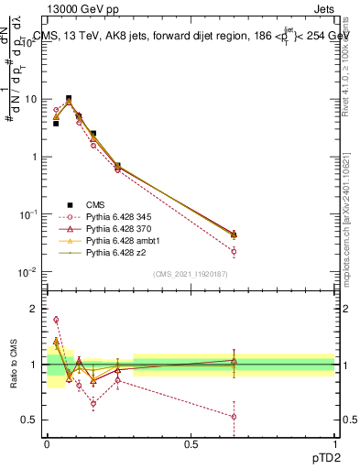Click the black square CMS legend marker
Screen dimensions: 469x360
pos(69,204)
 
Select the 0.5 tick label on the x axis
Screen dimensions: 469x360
pos(191,443)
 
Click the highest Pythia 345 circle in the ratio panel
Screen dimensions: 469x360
pos(56,320)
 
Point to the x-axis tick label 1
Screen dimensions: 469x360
pos(334,443)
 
